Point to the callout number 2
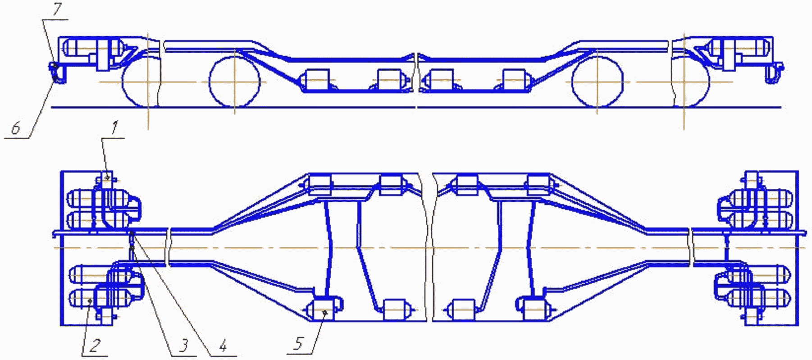click(95, 346)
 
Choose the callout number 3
click(182, 346)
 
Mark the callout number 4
click(223, 346)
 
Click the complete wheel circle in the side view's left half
click(234, 82)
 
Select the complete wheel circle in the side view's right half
click(597, 82)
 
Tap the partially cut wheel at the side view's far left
click(141, 82)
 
